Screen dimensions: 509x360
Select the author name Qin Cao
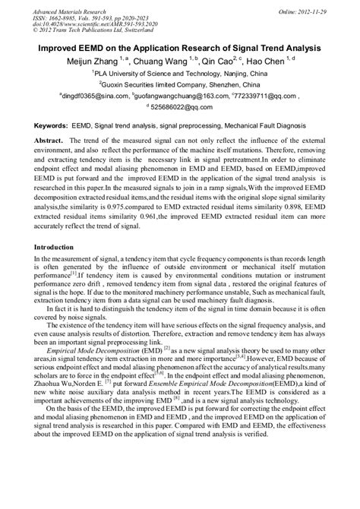(226, 60)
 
